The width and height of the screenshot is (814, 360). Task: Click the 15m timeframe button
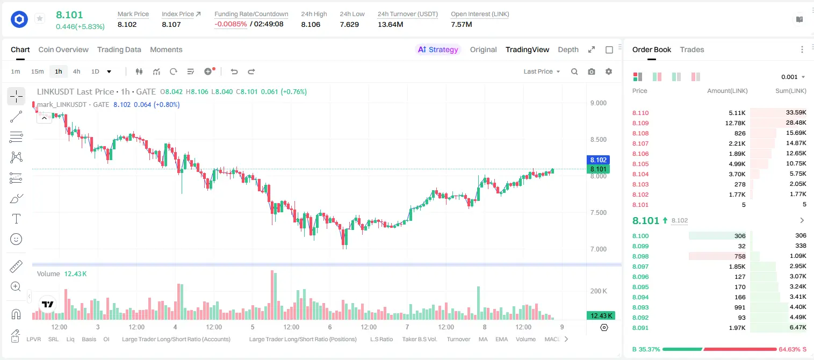pos(38,71)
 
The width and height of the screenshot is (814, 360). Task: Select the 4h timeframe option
pos(76,71)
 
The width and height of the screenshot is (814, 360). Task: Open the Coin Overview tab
pos(63,50)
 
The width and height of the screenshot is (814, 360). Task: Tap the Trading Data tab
pos(119,50)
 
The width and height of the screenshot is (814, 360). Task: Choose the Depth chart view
pos(568,50)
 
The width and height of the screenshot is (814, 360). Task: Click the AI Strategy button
pos(438,50)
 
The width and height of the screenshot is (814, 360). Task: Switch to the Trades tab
pos(692,50)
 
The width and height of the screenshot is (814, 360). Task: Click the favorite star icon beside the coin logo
pos(40,18)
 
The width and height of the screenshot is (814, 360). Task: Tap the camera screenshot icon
pos(592,71)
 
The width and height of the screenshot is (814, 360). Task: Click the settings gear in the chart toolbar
pos(609,71)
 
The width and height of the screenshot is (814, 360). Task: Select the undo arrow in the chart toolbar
pos(234,71)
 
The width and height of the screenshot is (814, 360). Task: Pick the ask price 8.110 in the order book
pos(640,113)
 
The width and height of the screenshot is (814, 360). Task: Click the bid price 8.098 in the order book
pos(640,256)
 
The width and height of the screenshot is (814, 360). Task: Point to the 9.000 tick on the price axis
pos(599,103)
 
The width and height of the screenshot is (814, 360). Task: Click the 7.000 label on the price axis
pos(599,249)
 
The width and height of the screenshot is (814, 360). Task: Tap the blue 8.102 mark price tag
pos(598,160)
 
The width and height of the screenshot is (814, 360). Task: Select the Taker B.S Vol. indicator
pos(420,339)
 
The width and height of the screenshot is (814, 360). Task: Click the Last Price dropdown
pos(542,71)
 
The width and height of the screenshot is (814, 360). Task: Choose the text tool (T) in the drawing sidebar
pos(16,219)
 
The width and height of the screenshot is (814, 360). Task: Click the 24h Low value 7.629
pos(349,24)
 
